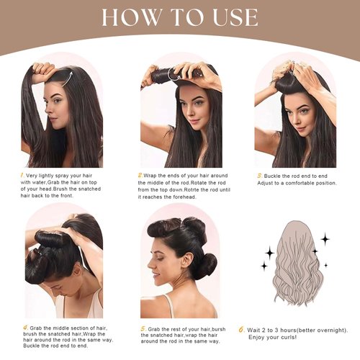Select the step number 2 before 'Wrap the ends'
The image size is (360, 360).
(x=140, y=175)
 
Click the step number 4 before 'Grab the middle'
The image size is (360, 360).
(x=24, y=327)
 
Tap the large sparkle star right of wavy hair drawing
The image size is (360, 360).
(x=325, y=238)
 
